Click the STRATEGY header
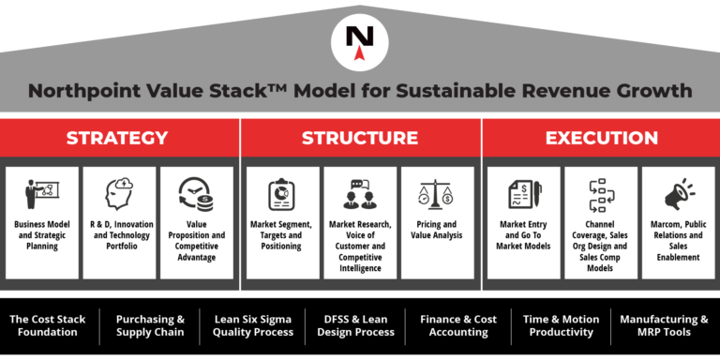(x=117, y=138)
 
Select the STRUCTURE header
(x=360, y=138)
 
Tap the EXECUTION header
(x=601, y=138)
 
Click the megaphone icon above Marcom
(x=679, y=195)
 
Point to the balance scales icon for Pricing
(x=437, y=195)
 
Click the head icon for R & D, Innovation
(x=119, y=195)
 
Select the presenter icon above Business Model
(x=41, y=195)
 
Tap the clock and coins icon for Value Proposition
(x=196, y=195)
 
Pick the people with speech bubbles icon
(x=360, y=195)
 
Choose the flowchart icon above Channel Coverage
(x=601, y=195)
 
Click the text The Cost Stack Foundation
(x=47, y=325)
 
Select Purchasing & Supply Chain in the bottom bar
(x=150, y=325)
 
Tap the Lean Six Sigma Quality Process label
(x=253, y=325)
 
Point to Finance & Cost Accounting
(x=459, y=325)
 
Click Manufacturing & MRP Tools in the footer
(x=664, y=325)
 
